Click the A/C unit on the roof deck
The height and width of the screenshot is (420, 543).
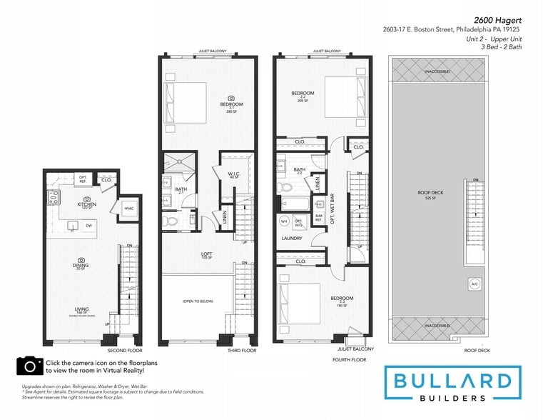[475, 284]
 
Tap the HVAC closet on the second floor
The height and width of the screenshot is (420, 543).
[129, 208]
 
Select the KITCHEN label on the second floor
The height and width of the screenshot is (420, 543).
[86, 204]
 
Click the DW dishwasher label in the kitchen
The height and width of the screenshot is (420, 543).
[89, 226]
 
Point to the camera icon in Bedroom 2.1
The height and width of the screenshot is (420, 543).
[230, 98]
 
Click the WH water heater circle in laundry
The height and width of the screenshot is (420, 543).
[283, 220]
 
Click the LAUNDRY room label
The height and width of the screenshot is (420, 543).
[292, 238]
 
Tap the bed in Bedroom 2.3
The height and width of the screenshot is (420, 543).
[293, 294]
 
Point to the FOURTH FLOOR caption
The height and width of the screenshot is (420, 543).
[350, 360]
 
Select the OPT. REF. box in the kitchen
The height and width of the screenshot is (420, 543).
[83, 179]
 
